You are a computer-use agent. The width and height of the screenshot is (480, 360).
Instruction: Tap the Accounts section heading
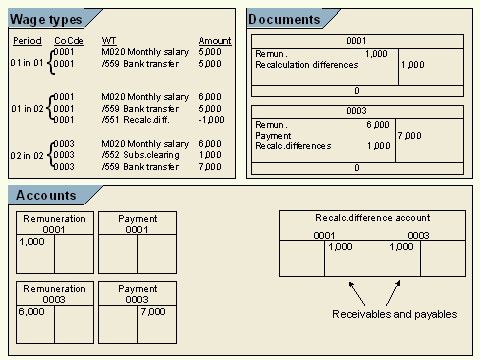[x=45, y=193]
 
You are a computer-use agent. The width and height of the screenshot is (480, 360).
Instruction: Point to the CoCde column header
[x=68, y=41]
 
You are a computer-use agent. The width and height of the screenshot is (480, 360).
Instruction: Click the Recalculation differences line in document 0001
[x=306, y=65]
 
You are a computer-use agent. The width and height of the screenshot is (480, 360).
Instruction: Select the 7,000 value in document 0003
[x=410, y=134]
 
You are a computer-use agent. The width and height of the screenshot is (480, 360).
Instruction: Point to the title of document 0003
[x=357, y=111]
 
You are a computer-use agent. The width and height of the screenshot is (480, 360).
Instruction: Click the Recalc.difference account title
[x=373, y=217]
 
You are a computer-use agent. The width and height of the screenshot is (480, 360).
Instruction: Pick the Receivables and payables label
[x=395, y=314]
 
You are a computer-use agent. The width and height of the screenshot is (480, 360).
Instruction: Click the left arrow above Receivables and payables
[x=357, y=293]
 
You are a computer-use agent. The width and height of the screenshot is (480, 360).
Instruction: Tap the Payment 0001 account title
[x=138, y=223]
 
